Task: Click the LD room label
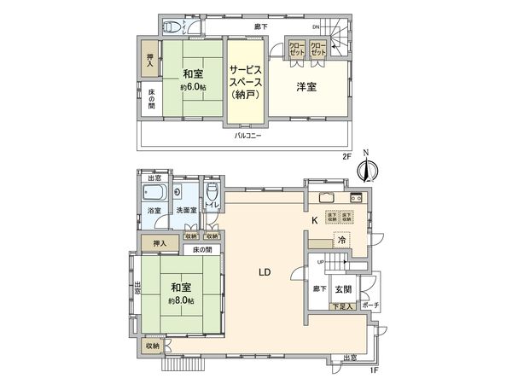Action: [x=265, y=273]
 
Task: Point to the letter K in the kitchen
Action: [x=315, y=220]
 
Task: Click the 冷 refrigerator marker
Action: [x=341, y=241]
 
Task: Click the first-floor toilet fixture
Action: [x=211, y=191]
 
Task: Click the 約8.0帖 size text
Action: [x=182, y=302]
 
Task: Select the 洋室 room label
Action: [x=306, y=87]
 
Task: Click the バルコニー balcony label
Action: [x=248, y=136]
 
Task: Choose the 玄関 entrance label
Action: [x=343, y=290]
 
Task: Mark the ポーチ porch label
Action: [x=370, y=305]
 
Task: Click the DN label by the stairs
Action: [x=315, y=27]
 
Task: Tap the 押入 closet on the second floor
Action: [x=148, y=59]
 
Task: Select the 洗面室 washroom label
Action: [x=186, y=209]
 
